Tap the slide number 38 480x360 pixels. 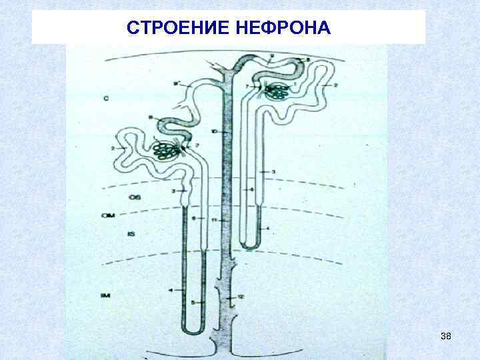pos(446,337)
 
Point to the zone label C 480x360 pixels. pos(106,99)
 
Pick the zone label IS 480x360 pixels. pos(131,235)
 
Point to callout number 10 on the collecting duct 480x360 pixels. pos(213,133)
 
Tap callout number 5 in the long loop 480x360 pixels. pos(193,303)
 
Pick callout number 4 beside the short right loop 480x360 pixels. pos(268,229)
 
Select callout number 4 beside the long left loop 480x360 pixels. pos(171,291)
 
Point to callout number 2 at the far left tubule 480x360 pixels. pos(115,147)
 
